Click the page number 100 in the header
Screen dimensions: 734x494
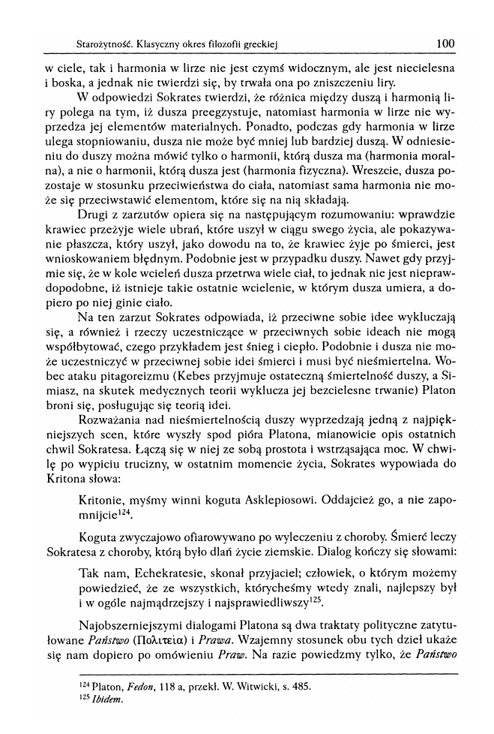pos(445,44)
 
